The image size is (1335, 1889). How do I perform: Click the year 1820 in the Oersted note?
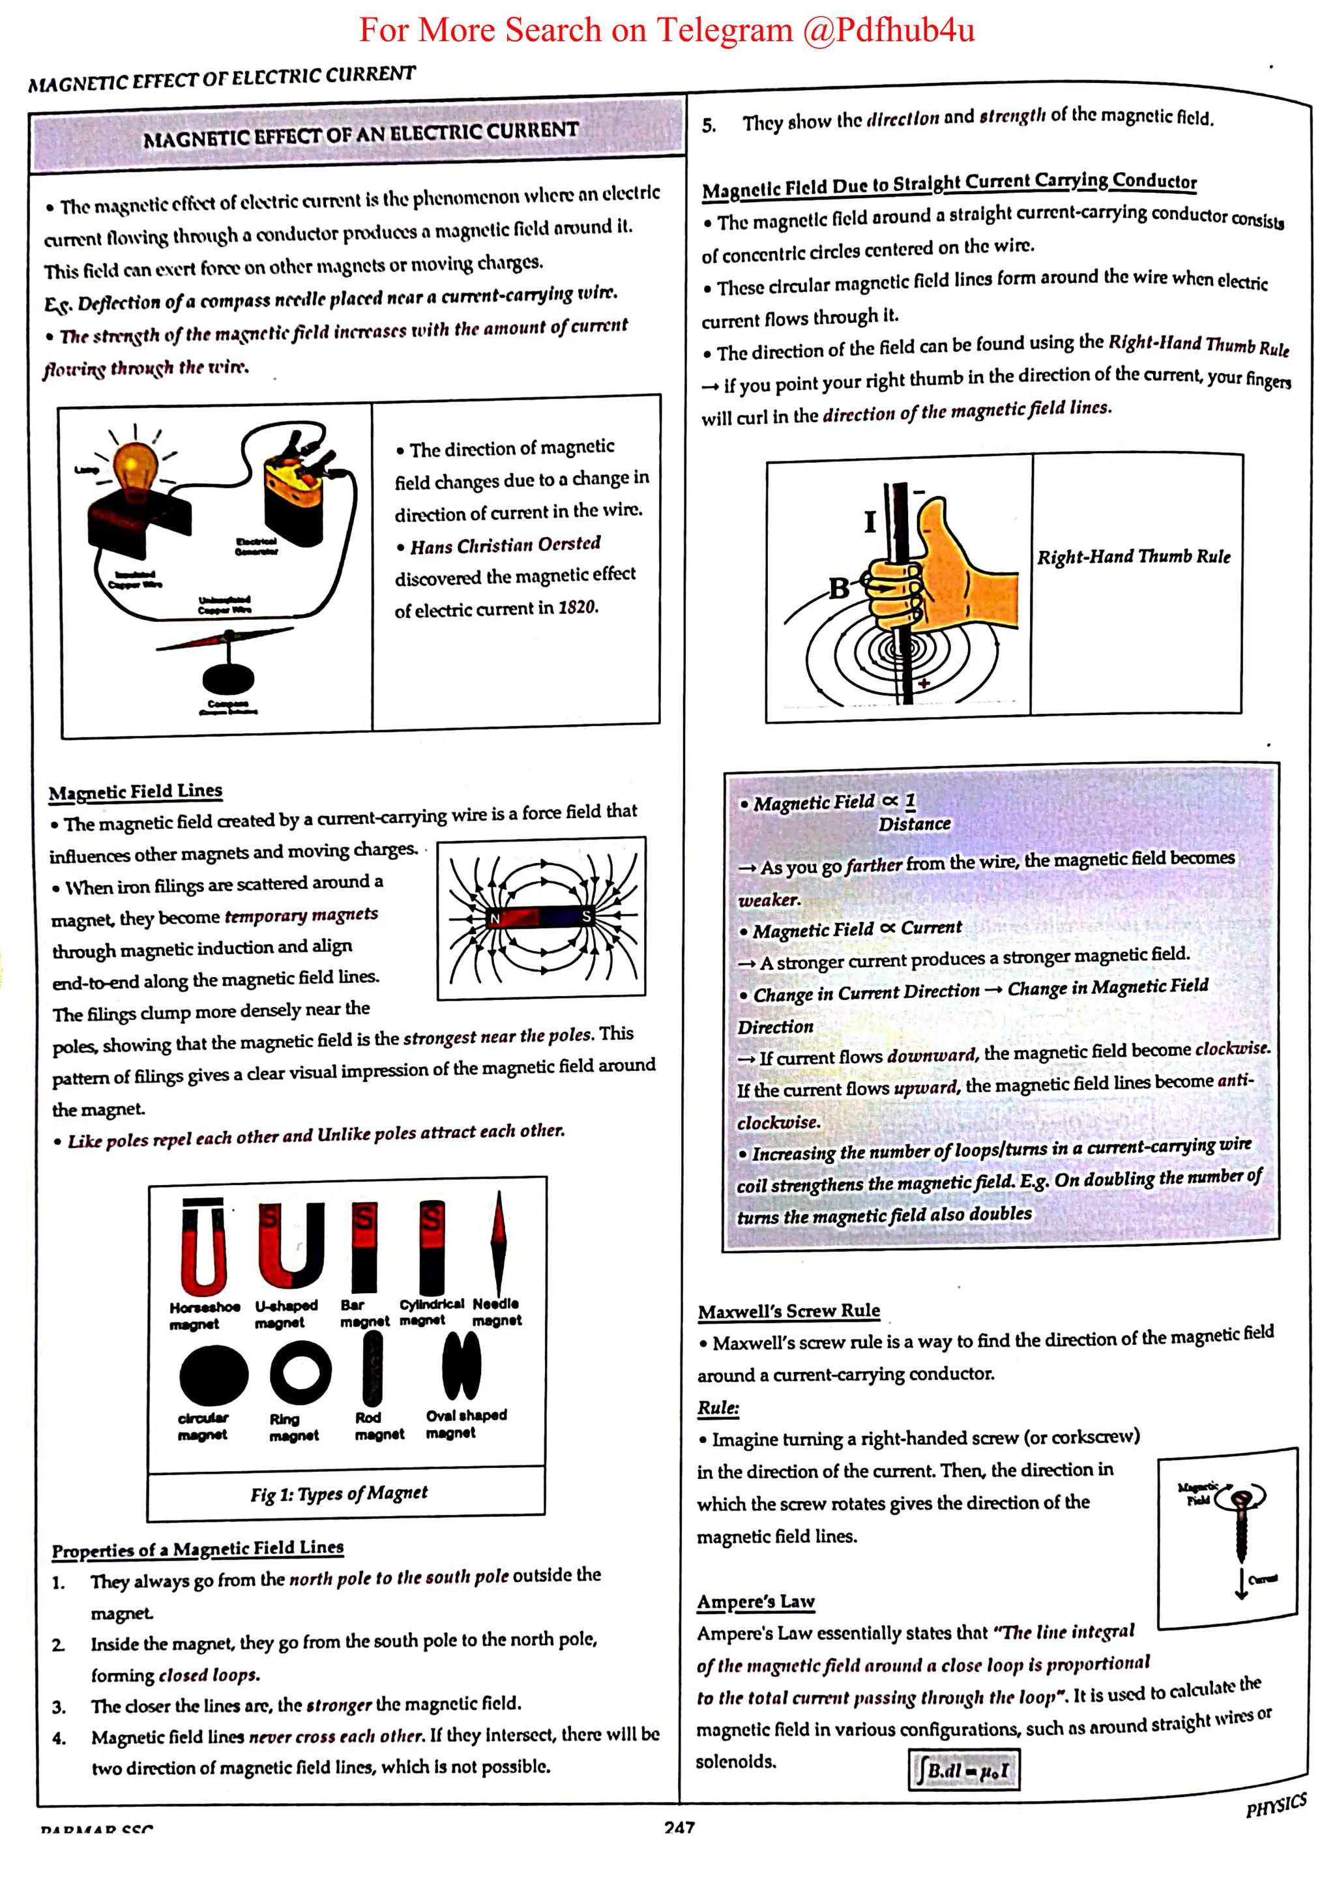[x=578, y=608]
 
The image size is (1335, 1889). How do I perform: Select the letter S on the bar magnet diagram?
[x=587, y=916]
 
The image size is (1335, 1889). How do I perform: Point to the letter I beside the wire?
[x=870, y=521]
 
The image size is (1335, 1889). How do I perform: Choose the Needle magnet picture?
[x=497, y=1243]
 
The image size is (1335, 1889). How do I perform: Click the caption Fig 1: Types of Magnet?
[x=339, y=1493]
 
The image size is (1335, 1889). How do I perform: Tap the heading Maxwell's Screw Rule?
[x=789, y=1311]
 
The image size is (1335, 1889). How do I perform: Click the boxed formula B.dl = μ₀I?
[x=964, y=1769]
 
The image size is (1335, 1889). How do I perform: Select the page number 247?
[x=679, y=1827]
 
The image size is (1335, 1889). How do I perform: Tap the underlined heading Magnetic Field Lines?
[x=135, y=791]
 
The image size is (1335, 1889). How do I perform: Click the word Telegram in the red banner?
[x=724, y=31]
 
